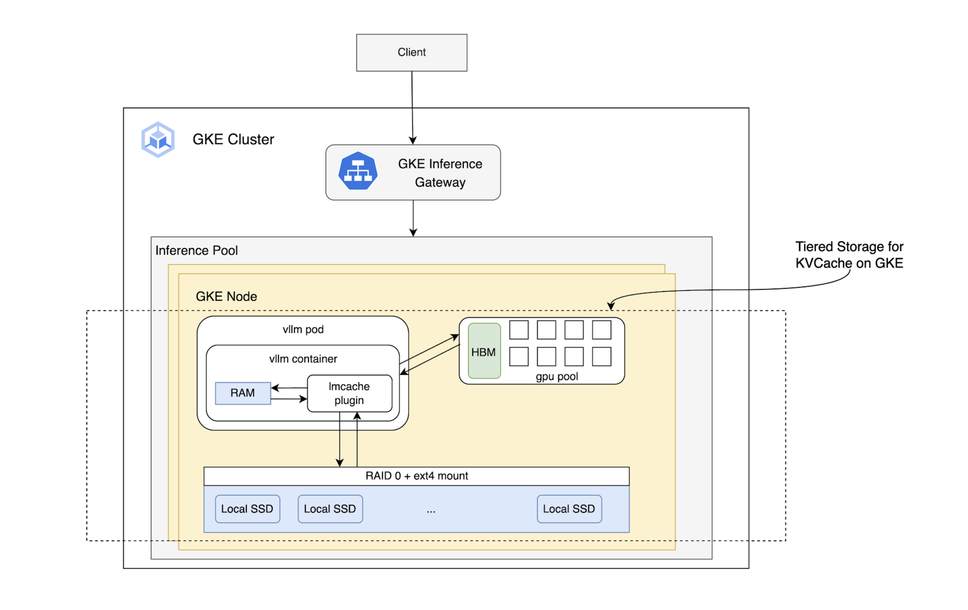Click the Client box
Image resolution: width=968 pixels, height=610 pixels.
411,52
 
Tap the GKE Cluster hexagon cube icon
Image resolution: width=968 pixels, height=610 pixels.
158,140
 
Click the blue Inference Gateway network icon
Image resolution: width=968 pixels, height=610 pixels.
357,171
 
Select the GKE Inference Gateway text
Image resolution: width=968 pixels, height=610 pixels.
440,173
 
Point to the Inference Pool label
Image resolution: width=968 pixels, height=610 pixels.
196,250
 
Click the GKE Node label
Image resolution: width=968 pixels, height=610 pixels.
226,296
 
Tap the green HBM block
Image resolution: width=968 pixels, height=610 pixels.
484,351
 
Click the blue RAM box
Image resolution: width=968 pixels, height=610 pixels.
242,393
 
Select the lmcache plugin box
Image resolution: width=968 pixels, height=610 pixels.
349,393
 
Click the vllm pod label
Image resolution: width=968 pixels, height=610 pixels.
303,329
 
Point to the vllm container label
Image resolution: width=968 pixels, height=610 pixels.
303,359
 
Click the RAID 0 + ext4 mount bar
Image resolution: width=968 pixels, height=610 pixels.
416,476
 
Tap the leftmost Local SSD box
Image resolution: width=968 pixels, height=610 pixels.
247,509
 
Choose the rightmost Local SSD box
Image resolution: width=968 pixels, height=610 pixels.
568,509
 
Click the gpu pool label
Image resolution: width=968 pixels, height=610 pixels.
557,376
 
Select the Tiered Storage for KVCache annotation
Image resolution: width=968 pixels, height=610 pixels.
849,254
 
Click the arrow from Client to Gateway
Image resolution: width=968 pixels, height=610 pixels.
412,108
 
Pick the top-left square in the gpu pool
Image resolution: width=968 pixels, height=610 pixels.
518,330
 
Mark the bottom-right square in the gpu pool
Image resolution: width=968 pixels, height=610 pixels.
601,356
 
